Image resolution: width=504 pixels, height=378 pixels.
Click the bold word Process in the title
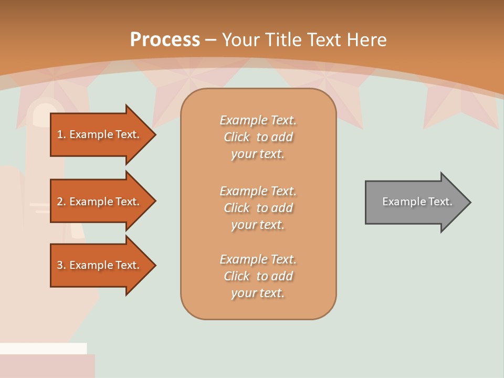point(165,40)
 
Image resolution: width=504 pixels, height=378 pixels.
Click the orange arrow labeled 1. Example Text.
point(100,134)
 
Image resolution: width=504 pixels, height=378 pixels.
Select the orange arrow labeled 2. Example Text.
point(100,202)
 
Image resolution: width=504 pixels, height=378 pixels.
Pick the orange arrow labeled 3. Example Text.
point(100,265)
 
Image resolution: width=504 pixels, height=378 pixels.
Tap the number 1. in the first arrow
point(61,134)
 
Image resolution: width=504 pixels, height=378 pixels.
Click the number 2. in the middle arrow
point(61,202)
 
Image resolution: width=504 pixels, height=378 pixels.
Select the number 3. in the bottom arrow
point(61,265)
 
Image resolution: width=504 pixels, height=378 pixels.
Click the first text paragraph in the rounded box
point(258,137)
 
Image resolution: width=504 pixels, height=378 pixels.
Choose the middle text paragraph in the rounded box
point(258,207)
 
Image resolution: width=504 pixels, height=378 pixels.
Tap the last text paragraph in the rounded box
point(258,276)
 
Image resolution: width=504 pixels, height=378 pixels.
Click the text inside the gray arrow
point(417,202)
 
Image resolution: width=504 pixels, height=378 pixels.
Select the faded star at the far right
point(462,108)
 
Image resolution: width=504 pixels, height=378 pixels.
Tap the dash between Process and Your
point(211,40)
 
